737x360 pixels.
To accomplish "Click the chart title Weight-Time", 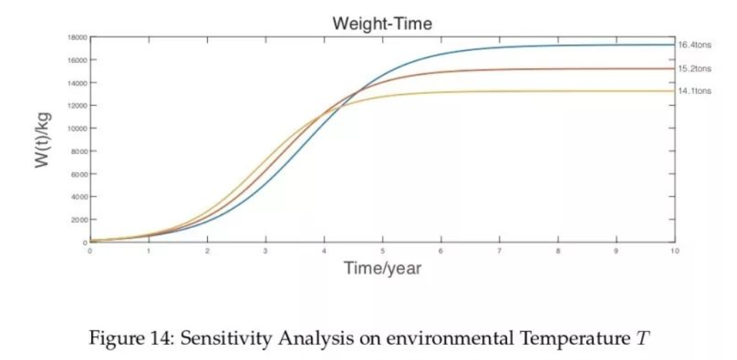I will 382,24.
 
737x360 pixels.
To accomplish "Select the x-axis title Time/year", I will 382,269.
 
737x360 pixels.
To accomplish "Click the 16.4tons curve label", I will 694,45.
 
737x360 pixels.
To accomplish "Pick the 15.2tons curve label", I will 694,69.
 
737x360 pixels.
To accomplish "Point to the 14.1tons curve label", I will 694,91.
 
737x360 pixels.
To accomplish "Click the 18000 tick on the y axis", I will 77,37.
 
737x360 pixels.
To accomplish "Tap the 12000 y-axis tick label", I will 77,105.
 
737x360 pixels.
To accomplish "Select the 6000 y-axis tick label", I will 79,174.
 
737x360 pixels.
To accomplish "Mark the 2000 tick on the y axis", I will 79,219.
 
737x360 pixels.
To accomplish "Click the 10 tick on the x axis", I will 673,252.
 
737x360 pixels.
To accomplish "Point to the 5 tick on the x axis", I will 382,252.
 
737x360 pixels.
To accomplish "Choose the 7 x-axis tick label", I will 499,252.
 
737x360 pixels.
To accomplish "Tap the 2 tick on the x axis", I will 207,252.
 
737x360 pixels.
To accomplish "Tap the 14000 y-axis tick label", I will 77,82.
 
